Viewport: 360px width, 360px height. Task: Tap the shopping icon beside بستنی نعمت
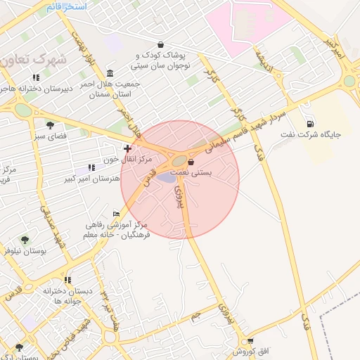(191, 162)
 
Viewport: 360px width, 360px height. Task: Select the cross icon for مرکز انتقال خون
(127, 148)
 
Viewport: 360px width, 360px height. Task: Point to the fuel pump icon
(310, 124)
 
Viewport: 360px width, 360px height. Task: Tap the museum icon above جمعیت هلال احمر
(110, 73)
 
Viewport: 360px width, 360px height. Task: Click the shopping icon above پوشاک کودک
(161, 44)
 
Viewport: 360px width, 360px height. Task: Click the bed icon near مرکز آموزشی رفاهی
(116, 214)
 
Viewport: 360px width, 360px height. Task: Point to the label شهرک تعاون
(33, 60)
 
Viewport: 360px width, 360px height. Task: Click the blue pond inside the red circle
(167, 177)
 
